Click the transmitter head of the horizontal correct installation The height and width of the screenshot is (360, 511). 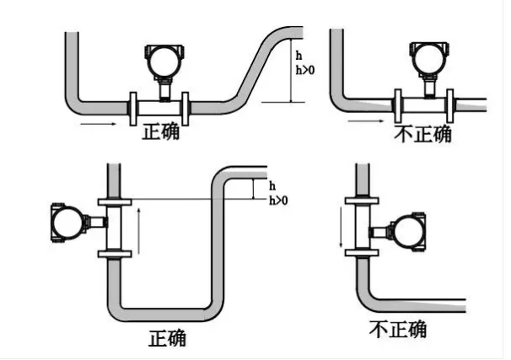click(x=164, y=59)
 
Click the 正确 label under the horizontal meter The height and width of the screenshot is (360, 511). click(x=161, y=132)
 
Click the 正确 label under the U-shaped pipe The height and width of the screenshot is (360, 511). click(x=167, y=337)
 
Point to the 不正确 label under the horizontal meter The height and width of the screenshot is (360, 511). click(x=422, y=135)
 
